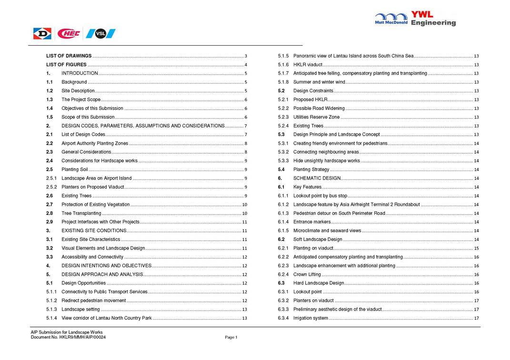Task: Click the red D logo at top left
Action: coord(42,33)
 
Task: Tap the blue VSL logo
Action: coord(100,33)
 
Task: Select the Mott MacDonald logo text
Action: coord(391,22)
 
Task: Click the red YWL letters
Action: coord(422,15)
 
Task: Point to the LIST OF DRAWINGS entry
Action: coord(69,56)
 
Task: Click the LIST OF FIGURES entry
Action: coord(66,65)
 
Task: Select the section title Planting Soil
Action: coord(74,170)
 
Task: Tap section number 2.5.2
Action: coord(51,187)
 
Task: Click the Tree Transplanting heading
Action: coord(81,213)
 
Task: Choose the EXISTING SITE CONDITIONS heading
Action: coord(94,230)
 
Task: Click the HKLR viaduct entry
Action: coord(308,65)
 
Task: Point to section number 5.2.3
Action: coord(283,117)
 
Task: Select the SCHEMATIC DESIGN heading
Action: coord(317,178)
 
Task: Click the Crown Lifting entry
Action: coord(307,274)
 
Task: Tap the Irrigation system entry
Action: coord(310,318)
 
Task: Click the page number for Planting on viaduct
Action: coord(476,249)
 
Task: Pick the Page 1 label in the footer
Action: coord(231,337)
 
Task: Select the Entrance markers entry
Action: coord(311,222)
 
